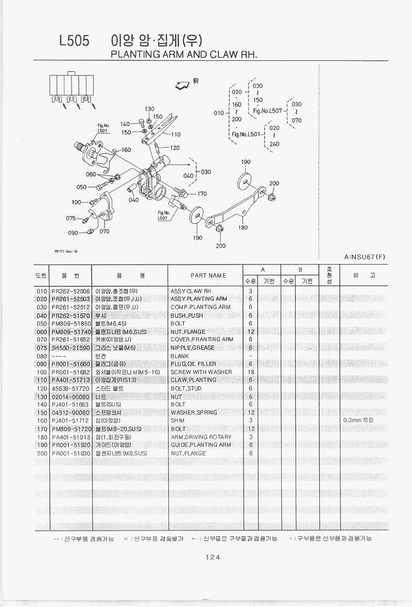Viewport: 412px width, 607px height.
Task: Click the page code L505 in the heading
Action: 74,41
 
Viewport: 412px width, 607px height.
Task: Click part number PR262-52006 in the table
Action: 71,291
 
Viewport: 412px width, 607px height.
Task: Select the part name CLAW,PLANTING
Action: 193,380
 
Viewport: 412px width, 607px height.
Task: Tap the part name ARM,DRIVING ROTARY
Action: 201,437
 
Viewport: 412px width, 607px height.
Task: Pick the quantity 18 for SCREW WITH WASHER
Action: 250,372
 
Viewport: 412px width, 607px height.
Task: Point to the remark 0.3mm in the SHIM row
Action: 357,421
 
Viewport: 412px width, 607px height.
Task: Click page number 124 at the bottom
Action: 212,557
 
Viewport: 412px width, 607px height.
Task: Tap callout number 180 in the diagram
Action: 243,227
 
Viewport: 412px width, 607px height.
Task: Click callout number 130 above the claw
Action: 149,109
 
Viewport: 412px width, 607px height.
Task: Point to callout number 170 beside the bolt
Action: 201,194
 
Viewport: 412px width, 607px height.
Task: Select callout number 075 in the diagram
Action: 71,218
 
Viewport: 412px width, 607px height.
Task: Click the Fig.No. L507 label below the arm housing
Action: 164,216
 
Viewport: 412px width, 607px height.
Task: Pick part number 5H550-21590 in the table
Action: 71,348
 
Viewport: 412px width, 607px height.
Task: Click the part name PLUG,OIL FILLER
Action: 193,364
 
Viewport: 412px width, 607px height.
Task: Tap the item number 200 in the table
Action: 42,453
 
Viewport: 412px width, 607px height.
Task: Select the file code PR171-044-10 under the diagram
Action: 66,252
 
